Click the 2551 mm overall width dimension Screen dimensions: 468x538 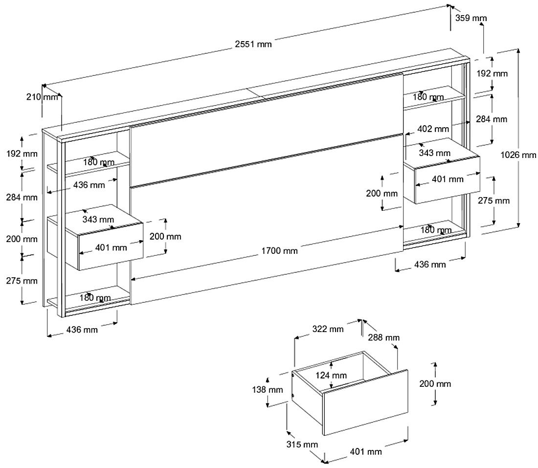coord(253,45)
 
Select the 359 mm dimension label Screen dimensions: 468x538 coord(471,18)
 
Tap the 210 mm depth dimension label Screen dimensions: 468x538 coord(42,97)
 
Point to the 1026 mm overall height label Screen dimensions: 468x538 coord(519,155)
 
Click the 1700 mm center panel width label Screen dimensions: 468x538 coord(280,251)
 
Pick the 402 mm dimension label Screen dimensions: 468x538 coord(433,129)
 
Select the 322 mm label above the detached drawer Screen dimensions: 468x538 coord(328,329)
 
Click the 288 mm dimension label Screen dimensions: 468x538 coord(384,337)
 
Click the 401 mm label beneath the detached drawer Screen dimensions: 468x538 coord(366,451)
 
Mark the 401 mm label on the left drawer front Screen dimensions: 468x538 coord(111,247)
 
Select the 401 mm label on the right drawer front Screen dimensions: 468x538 coord(448,179)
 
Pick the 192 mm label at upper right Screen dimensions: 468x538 coord(492,74)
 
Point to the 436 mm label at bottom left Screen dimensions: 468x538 coord(82,330)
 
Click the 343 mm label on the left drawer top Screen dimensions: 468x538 coord(98,220)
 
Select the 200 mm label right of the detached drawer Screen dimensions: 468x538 coord(435,384)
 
